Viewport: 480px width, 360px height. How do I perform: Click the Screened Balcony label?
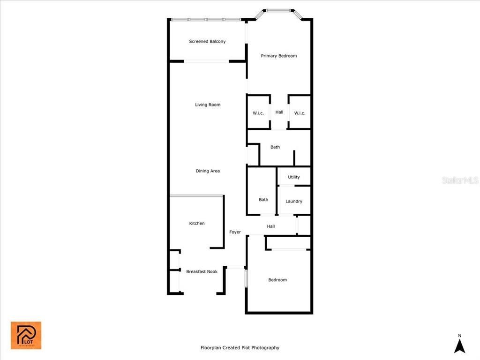[207, 41]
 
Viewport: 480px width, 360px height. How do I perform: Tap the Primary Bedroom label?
[279, 56]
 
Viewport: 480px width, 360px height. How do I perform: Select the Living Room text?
[208, 105]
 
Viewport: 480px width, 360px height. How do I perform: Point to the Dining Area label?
[208, 171]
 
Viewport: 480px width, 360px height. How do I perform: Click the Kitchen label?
[197, 224]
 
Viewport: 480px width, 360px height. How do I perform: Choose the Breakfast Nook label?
[202, 271]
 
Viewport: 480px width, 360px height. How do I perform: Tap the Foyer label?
[235, 232]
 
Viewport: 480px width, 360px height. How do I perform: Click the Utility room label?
[294, 177]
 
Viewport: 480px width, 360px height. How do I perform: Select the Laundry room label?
[294, 201]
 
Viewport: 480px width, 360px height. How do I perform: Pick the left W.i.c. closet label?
[258, 112]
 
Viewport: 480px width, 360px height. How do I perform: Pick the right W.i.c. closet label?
[300, 112]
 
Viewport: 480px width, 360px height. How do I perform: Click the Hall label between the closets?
[279, 112]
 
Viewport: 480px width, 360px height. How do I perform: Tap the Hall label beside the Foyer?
[271, 226]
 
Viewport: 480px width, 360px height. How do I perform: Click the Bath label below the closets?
[275, 147]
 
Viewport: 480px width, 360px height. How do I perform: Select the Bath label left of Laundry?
[263, 200]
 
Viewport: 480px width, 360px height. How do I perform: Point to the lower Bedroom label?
[277, 280]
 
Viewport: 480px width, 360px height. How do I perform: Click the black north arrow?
[460, 346]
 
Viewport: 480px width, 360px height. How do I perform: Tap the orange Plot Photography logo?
[26, 335]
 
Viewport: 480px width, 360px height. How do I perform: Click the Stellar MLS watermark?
[460, 180]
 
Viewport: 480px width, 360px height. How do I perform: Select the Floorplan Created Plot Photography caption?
[240, 348]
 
